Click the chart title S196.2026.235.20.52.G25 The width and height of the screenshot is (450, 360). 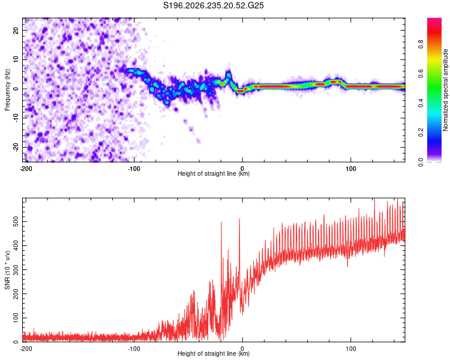point(213,5)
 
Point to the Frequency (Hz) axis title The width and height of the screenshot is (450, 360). point(7,90)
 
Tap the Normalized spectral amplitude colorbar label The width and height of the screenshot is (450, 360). point(445,90)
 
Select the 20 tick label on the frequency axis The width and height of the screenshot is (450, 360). point(16,31)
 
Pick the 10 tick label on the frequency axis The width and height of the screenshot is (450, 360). point(16,59)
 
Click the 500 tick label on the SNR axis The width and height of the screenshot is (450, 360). point(16,221)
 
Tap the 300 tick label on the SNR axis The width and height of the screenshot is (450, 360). point(16,270)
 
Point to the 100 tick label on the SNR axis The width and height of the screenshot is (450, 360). point(16,318)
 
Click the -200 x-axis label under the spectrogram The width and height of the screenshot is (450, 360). point(26,169)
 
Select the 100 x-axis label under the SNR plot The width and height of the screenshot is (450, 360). point(351,349)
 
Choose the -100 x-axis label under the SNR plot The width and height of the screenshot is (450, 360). point(134,349)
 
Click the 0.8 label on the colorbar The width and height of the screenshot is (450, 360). point(421,44)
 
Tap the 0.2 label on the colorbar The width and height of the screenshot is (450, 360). point(421,133)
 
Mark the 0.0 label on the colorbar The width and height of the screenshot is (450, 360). point(421,162)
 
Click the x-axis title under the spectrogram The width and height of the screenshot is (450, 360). point(214,173)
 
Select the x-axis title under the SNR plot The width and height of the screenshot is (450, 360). point(214,353)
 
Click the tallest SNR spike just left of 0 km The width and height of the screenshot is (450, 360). point(239,220)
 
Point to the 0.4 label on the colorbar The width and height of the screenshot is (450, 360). point(421,103)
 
